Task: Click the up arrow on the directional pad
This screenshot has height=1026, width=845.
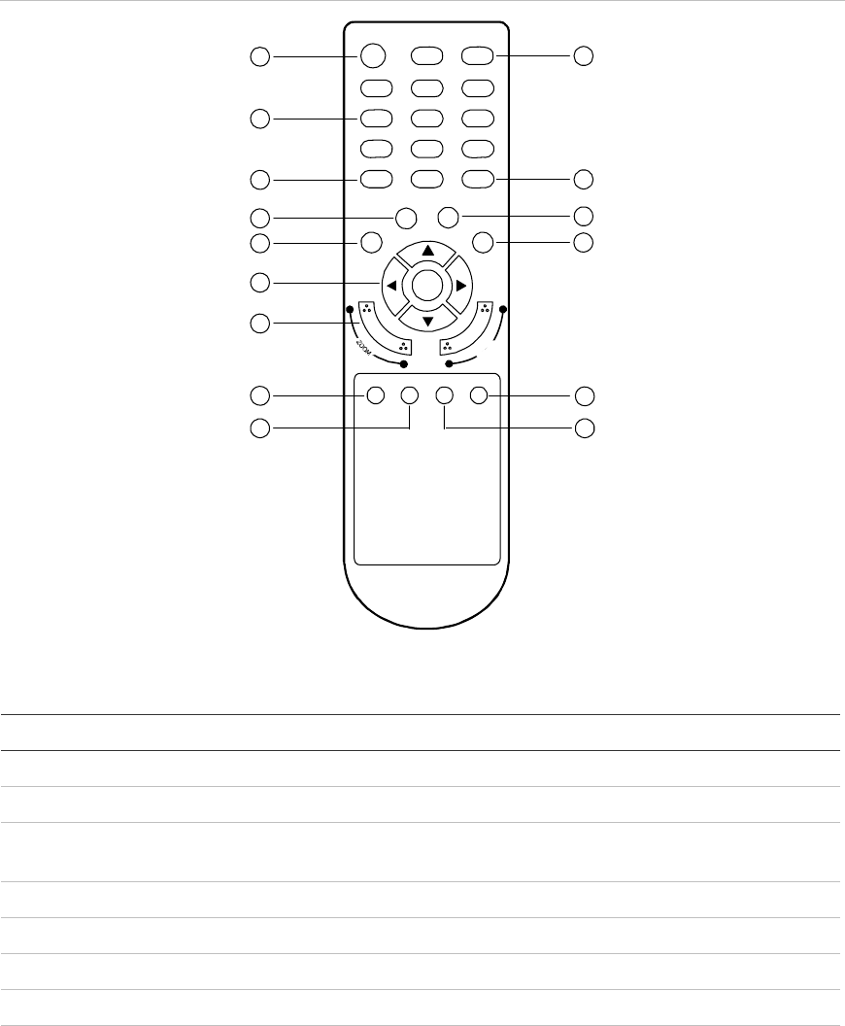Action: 427,251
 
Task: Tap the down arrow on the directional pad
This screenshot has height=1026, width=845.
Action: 427,319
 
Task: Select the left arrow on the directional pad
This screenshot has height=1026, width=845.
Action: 391,286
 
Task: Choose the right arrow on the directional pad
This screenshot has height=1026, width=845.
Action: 461,286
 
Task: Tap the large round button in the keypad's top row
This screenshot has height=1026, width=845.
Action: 375,56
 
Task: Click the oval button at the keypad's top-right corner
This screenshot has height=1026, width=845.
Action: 478,56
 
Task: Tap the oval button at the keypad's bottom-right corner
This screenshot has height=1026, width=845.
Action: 478,179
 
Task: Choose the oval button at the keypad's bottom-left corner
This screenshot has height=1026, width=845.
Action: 376,179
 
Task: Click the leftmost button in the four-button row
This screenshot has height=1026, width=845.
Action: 375,394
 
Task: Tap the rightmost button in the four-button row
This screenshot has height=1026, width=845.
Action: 478,394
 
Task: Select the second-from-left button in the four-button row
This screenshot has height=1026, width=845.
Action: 409,394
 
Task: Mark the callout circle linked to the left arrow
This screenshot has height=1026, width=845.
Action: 258,283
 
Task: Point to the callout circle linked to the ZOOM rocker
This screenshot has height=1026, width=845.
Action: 258,323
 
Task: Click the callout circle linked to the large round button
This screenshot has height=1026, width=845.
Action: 258,57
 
